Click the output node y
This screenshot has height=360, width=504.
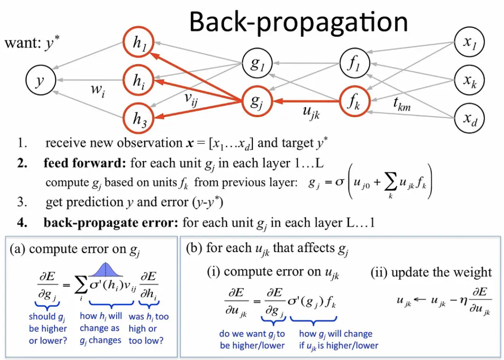coord(41,80)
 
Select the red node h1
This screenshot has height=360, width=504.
coord(138,42)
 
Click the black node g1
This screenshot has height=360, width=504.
coord(257,64)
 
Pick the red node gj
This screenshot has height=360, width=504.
coord(257,101)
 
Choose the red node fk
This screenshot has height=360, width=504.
coord(355,101)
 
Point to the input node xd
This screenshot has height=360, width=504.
coord(470,118)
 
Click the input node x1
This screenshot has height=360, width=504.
coord(470,42)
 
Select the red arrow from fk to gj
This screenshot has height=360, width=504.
coord(306,101)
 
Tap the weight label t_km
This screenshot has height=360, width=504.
coord(402,103)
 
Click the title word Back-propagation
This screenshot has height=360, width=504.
coord(299,22)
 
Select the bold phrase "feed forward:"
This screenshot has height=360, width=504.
coord(85,164)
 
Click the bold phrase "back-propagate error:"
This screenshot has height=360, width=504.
coord(111,223)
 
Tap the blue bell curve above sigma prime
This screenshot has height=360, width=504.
coord(106,270)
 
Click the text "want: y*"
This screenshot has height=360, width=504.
coord(32,42)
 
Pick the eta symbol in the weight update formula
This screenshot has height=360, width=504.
coord(463,301)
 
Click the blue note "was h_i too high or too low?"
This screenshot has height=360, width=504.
coord(148,328)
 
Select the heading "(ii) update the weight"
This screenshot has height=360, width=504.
coord(431,272)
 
